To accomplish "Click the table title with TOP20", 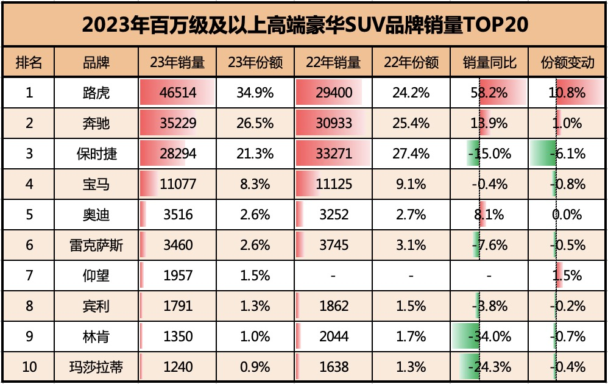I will click(304, 24).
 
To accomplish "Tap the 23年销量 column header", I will click(177, 62).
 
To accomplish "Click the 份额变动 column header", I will click(567, 62).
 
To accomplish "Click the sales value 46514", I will click(177, 93).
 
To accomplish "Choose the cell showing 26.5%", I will click(255, 123).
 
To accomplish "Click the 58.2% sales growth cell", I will click(490, 93).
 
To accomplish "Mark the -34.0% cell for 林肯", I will click(490, 336).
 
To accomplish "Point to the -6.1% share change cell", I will click(567, 154).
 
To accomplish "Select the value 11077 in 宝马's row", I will click(177, 184).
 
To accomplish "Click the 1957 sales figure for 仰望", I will click(177, 276).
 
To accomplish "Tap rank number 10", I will click(29, 367).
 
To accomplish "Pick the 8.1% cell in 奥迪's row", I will click(490, 215).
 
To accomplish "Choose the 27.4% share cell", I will click(412, 154).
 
